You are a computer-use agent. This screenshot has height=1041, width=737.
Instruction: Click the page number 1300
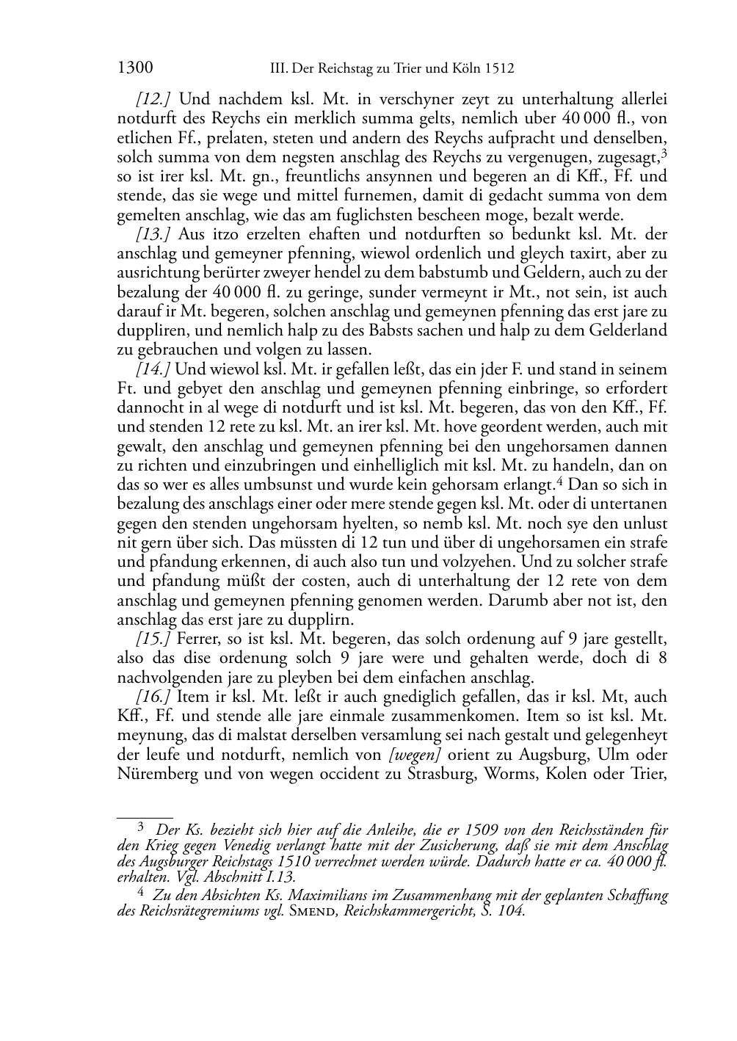(x=134, y=68)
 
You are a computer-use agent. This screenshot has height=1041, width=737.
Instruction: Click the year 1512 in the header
(x=498, y=70)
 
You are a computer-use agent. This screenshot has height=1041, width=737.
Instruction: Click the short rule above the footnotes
(x=145, y=816)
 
